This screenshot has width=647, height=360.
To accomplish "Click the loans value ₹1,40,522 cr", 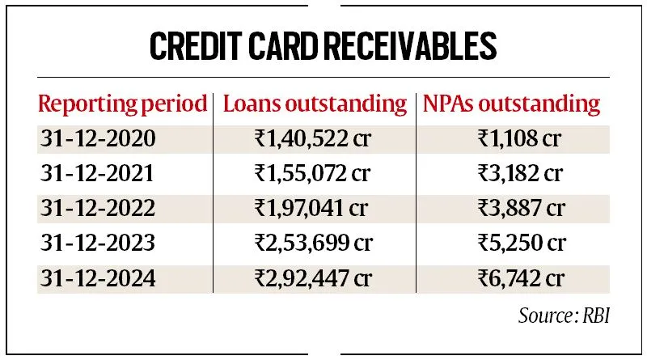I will pyautogui.click(x=313, y=138).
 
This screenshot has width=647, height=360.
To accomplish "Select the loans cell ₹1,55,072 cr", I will pyautogui.click(x=313, y=172).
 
